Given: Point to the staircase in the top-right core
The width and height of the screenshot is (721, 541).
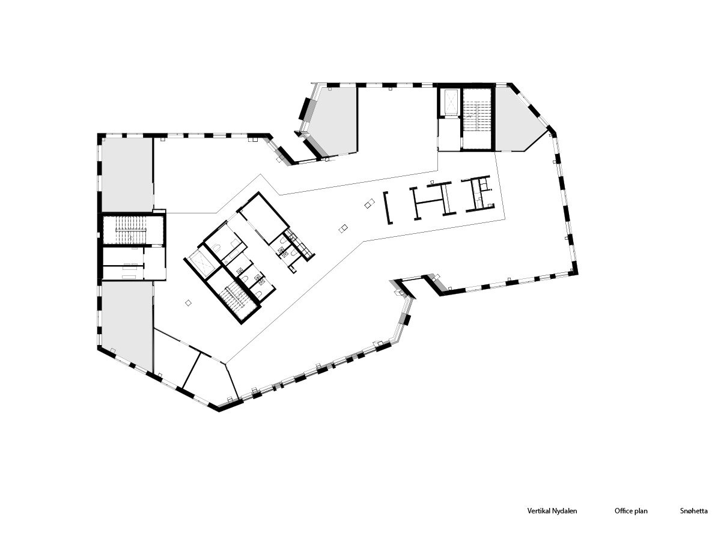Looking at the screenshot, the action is coord(477,118).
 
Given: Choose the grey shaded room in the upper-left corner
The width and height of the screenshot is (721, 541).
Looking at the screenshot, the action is coord(127,174).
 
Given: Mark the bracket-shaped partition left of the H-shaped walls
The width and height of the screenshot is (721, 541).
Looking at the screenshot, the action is coord(388,207).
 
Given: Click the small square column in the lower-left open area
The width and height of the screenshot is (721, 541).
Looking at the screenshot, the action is coord(188,303).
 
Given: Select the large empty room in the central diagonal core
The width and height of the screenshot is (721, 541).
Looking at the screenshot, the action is coord(263,218).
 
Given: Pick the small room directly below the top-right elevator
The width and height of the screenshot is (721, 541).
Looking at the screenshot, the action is coord(449,134).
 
